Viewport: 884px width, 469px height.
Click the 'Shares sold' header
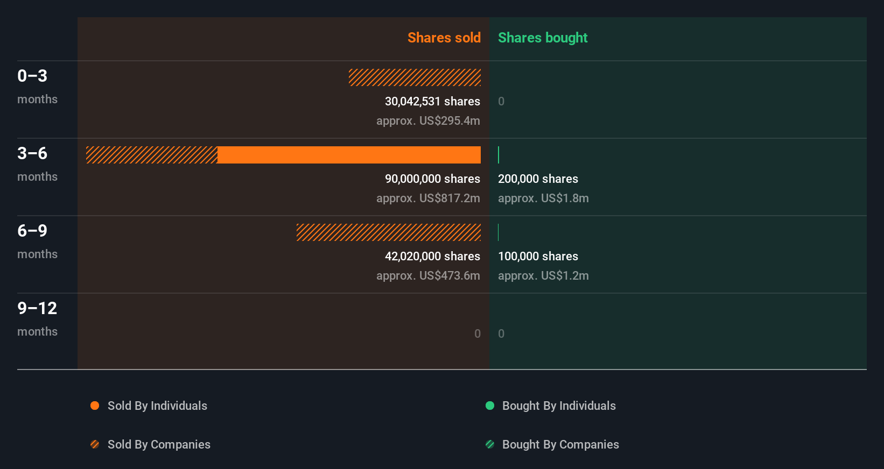pyautogui.click(x=444, y=38)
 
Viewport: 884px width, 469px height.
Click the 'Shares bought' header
pyautogui.click(x=542, y=38)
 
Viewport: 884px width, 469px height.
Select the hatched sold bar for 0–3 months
pyautogui.click(x=415, y=77)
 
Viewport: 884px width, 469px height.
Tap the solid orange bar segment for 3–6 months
pyautogui.click(x=349, y=155)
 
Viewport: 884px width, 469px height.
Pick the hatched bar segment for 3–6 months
pyautogui.click(x=152, y=155)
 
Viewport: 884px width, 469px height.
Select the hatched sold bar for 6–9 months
pyautogui.click(x=388, y=232)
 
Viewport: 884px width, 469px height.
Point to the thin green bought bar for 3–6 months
pyautogui.click(x=499, y=155)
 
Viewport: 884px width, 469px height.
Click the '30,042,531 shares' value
pyautogui.click(x=432, y=101)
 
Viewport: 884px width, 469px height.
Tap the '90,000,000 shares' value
pyautogui.click(x=432, y=179)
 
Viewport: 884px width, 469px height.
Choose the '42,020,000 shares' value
pyautogui.click(x=432, y=256)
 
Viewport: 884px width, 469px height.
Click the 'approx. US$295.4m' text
pyautogui.click(x=428, y=120)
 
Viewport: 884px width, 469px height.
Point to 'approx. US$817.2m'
pyautogui.click(x=428, y=198)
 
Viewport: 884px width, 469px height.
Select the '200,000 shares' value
pyautogui.click(x=538, y=179)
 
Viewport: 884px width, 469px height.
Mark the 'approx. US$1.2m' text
pyautogui.click(x=543, y=275)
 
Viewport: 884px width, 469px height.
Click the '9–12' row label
pyautogui.click(x=37, y=308)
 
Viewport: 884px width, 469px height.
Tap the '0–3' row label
pyautogui.click(x=32, y=76)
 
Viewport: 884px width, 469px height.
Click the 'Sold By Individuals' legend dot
pyautogui.click(x=95, y=406)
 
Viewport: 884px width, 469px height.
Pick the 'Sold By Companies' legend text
pyautogui.click(x=159, y=444)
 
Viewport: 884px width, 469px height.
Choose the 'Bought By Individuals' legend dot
pyautogui.click(x=490, y=406)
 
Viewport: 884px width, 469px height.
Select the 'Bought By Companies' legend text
pyautogui.click(x=560, y=444)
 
